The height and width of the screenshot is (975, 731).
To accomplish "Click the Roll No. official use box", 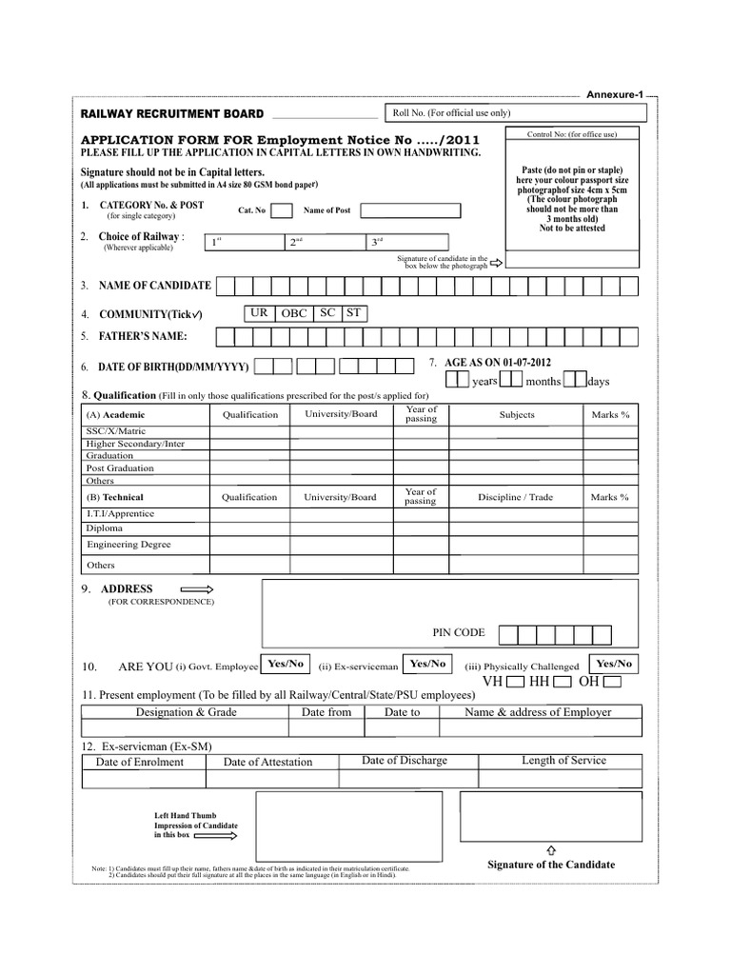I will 517,113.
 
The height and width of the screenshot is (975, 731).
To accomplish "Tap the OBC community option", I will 293,313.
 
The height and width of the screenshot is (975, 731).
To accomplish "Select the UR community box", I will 259,313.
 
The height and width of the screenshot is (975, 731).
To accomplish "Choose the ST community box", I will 353,313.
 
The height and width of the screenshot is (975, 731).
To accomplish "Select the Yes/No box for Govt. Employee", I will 286,664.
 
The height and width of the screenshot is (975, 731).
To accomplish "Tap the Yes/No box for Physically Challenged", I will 614,664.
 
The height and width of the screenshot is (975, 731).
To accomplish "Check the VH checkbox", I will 515,683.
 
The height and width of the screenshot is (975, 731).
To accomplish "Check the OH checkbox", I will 612,683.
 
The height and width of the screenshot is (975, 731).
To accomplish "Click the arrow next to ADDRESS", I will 197,589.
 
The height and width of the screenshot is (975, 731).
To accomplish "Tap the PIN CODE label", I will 459,632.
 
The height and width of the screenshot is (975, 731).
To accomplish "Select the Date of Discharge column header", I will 405,761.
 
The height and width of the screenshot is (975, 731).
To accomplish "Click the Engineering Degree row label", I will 129,545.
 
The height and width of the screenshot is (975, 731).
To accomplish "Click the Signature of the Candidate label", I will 551,865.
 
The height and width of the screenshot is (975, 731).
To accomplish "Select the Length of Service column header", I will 563,761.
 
